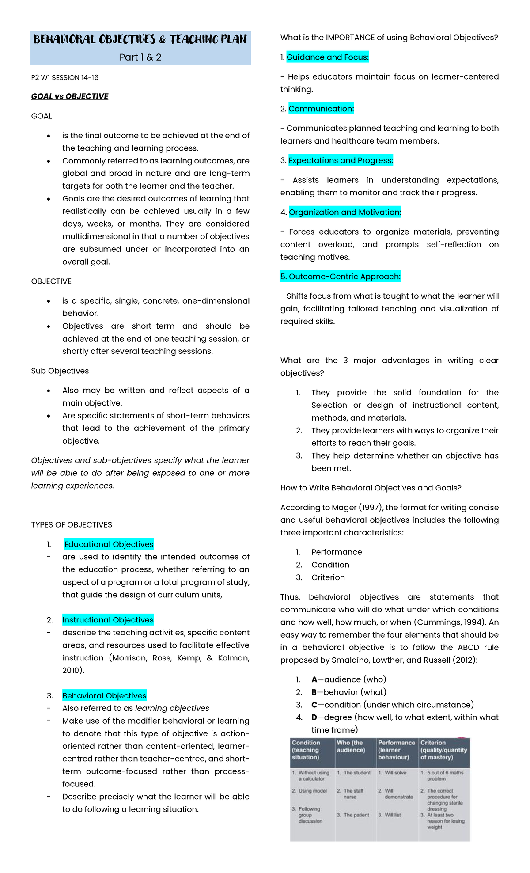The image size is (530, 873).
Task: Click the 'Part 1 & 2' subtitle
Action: click(140, 57)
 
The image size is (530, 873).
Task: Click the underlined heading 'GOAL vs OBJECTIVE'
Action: click(69, 96)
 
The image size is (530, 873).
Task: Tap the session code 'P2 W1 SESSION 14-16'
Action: click(64, 77)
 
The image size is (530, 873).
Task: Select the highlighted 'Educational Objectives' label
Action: click(109, 544)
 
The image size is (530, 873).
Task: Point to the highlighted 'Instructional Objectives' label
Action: click(108, 620)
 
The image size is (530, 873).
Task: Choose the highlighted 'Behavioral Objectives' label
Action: click(104, 695)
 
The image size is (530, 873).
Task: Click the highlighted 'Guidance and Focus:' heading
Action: click(327, 57)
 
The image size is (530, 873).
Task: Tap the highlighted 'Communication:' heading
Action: click(321, 109)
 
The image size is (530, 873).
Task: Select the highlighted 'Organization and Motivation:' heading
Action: click(344, 212)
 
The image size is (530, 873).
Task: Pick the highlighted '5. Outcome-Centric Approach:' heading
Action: click(341, 277)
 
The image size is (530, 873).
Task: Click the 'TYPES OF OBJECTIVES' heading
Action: click(72, 524)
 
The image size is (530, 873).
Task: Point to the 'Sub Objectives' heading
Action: click(60, 371)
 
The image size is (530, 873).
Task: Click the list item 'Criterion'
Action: click(328, 577)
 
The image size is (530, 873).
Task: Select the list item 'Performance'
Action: click(336, 552)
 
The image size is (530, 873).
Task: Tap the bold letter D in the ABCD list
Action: click(314, 717)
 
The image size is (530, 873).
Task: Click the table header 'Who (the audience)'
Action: click(351, 746)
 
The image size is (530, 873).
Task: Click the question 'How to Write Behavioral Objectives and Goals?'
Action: click(371, 488)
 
